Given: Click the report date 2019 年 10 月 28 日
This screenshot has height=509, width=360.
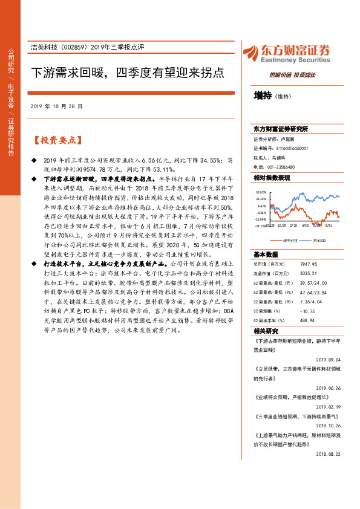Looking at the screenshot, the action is pos(56,106).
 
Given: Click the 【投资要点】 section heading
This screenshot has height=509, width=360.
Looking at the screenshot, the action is pos(55,140).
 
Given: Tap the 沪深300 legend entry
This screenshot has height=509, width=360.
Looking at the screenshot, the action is pos(317,241).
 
